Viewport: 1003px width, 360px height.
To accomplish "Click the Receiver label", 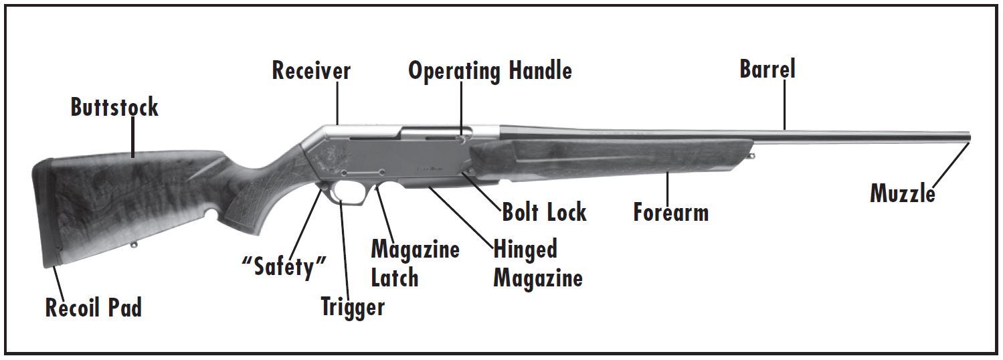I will (x=311, y=70).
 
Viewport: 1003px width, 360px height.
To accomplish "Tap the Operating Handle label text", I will (x=490, y=70).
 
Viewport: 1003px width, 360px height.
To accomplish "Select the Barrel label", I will (x=767, y=69).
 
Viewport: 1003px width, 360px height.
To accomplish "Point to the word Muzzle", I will (x=902, y=193).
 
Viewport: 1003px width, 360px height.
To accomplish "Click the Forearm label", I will (x=670, y=213).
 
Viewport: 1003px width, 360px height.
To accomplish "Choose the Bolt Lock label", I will (x=544, y=213).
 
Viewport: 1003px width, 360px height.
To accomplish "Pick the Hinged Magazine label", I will (x=537, y=264).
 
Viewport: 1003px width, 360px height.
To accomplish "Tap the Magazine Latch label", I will (x=415, y=264).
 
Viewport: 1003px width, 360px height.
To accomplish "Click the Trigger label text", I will (x=353, y=306).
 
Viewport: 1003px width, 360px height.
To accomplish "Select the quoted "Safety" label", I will (x=284, y=268).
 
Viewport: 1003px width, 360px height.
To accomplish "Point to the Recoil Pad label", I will (x=93, y=308).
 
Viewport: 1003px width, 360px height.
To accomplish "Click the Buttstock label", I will (x=114, y=107).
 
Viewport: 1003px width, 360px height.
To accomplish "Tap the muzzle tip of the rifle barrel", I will (x=967, y=137).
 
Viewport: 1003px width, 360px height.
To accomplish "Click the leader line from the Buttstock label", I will (x=134, y=138).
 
